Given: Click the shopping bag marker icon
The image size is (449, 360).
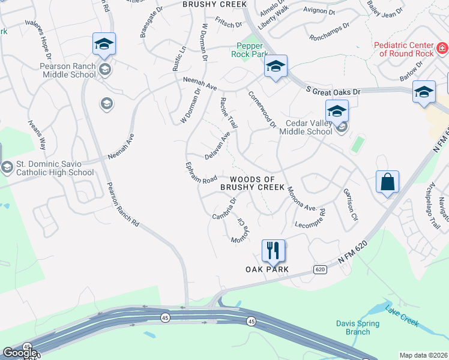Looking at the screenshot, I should point(388,181).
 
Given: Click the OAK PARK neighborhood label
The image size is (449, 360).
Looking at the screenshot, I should point(267,269).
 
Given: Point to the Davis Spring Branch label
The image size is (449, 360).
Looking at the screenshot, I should point(358,328).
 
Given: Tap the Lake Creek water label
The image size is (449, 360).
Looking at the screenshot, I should point(402,317).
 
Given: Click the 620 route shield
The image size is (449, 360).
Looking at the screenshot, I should point(321,269).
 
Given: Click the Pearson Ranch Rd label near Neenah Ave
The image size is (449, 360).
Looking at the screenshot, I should point(123,204).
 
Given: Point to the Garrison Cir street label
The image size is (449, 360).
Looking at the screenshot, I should point(351,205).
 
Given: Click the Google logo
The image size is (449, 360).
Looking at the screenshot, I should point(20,353).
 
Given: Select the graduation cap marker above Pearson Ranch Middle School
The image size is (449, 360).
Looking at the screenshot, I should point(104,44).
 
